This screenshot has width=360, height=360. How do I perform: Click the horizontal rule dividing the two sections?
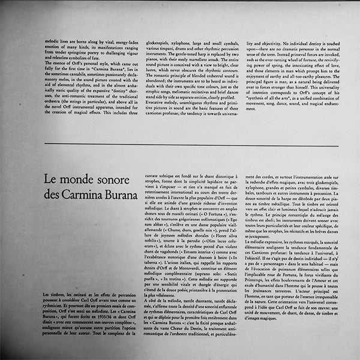coord(180,146)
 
